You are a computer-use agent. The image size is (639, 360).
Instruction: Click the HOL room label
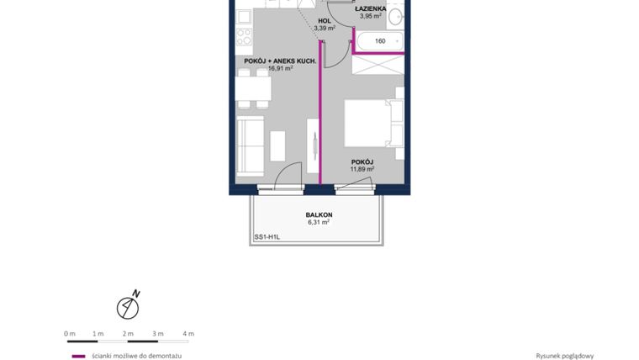324,20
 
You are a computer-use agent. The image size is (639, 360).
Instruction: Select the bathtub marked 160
379,40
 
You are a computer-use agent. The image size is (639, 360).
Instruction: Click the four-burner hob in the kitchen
244,37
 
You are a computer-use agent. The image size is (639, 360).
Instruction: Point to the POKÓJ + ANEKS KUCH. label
280,61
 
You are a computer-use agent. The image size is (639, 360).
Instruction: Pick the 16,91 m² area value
280,69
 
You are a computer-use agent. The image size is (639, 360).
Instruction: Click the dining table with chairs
253,88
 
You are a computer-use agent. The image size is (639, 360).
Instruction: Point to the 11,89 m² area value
362,169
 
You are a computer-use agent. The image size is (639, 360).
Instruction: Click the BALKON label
319,214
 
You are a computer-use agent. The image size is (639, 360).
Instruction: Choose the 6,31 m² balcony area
318,222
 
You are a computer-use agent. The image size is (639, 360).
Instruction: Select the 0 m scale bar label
70,333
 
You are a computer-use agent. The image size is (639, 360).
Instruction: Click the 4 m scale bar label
188,333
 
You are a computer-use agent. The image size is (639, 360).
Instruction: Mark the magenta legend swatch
78,356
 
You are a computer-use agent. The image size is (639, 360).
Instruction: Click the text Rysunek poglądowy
564,356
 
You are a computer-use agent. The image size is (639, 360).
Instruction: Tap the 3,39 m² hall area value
325,28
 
